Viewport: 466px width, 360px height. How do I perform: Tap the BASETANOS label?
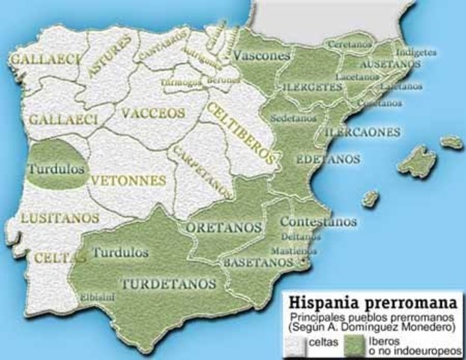coord(256,263)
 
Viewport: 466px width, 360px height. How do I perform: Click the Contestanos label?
coord(318,222)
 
